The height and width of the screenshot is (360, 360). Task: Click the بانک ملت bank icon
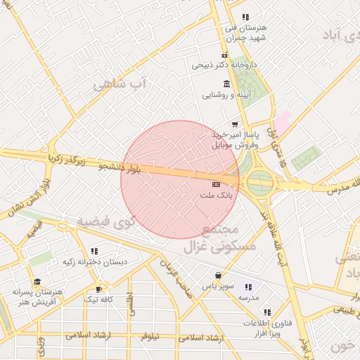[x=215, y=184]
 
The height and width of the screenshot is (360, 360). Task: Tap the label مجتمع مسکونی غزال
[x=210, y=239]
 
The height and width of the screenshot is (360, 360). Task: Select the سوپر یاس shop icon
[x=218, y=275]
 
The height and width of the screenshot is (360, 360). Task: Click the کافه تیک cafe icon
[x=99, y=288]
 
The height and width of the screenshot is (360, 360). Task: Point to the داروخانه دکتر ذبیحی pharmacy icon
[x=224, y=56]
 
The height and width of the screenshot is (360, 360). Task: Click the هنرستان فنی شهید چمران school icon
[x=245, y=17]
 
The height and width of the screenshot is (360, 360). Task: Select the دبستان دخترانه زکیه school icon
[x=94, y=250]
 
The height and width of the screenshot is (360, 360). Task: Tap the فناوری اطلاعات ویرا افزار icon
[x=266, y=312]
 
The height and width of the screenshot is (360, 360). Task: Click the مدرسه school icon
[x=247, y=287]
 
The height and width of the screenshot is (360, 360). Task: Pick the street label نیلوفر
[x=150, y=336]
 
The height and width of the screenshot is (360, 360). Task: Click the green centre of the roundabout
[x=260, y=183]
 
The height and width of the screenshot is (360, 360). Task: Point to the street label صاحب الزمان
[x=175, y=275]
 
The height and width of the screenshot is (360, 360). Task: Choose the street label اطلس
[x=129, y=303]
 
